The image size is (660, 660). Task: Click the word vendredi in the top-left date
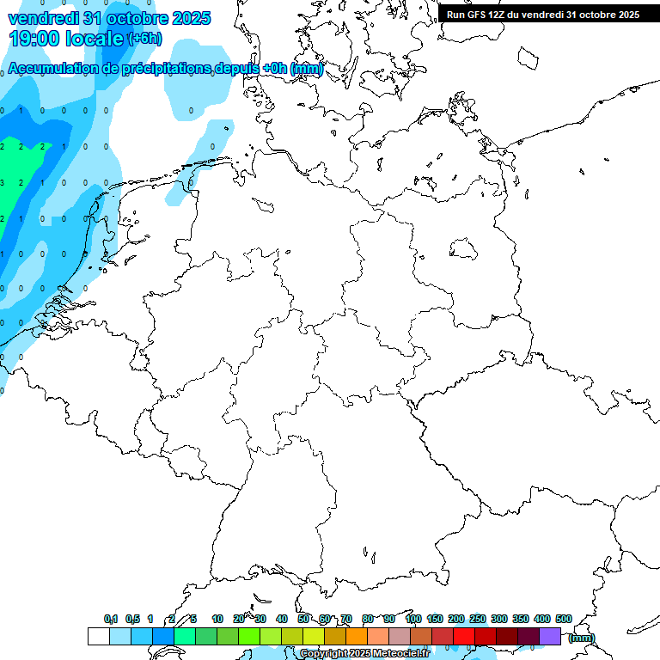(43, 17)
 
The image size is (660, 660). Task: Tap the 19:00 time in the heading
(40, 38)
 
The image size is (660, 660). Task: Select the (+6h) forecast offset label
(144, 39)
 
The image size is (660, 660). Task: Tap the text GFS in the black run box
(477, 15)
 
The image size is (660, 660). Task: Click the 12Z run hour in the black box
(498, 15)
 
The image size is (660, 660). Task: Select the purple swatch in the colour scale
(550, 636)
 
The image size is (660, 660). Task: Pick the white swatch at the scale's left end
(98, 636)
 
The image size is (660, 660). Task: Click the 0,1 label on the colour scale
(111, 619)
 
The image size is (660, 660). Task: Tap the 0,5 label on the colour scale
(132, 619)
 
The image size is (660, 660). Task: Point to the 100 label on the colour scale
(413, 619)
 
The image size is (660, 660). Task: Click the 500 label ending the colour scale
(564, 619)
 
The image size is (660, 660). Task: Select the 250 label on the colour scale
(478, 619)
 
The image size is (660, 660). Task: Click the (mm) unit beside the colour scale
(582, 638)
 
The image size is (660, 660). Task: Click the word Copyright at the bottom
(323, 654)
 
